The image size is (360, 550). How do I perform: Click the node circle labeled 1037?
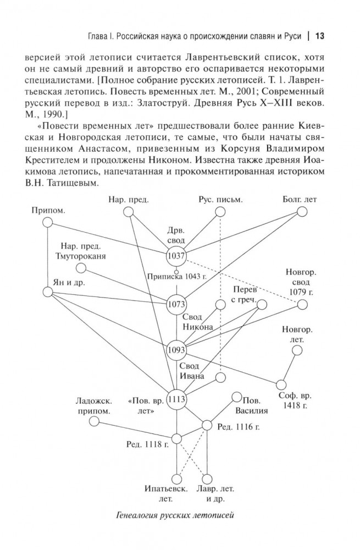point(177,256)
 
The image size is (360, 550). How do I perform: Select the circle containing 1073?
point(177,304)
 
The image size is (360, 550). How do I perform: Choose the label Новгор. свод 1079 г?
point(300,281)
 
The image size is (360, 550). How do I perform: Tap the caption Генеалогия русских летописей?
point(176,515)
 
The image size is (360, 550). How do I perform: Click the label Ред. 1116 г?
point(239,426)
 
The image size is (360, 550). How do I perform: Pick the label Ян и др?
point(65,282)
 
